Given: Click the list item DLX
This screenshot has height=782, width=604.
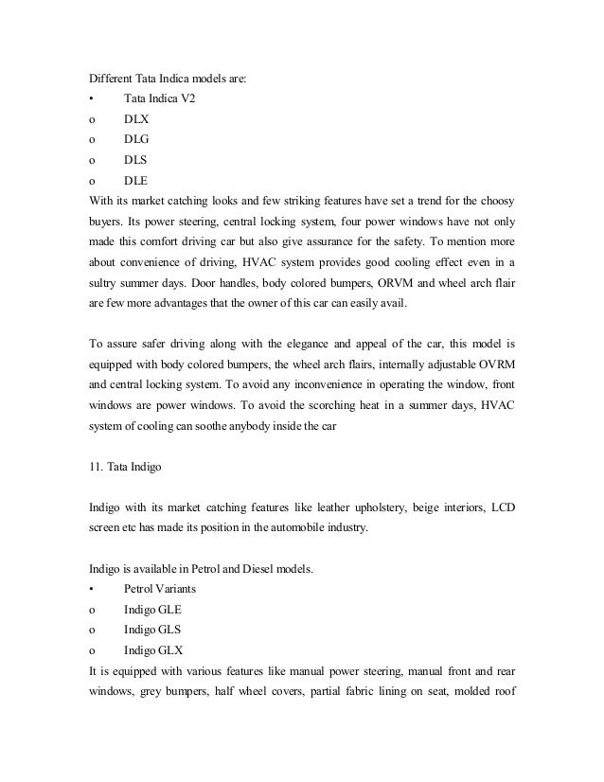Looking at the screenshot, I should pyautogui.click(x=136, y=119).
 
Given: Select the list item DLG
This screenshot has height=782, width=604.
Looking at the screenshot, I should pyautogui.click(x=136, y=139).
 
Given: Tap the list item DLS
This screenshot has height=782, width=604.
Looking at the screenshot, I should pyautogui.click(x=136, y=159).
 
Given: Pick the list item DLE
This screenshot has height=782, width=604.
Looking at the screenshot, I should pyautogui.click(x=136, y=179).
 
